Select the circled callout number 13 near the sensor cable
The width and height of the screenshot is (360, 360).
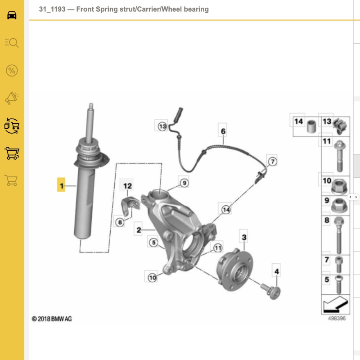pos(162,126)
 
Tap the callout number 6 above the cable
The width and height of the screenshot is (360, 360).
pos(223,131)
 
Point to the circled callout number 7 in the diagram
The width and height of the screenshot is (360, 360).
pos(273,162)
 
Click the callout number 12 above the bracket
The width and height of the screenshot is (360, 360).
pos(127,186)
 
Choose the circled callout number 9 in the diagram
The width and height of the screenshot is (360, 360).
pos(184,183)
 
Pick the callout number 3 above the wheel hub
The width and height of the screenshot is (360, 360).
pos(244,237)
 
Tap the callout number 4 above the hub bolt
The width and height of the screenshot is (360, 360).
pos(277,271)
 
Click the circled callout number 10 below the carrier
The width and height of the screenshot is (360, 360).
pos(153,278)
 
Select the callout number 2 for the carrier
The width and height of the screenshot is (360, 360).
pos(139,230)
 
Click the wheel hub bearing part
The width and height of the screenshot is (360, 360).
pos(234,270)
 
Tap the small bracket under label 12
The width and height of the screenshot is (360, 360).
pos(130,206)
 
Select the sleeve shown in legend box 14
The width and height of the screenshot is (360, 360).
pos(311,126)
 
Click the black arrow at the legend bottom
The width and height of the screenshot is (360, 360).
pos(335,305)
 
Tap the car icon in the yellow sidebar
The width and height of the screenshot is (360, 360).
pos(12,15)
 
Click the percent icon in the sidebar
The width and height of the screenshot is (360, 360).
pos(12,71)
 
